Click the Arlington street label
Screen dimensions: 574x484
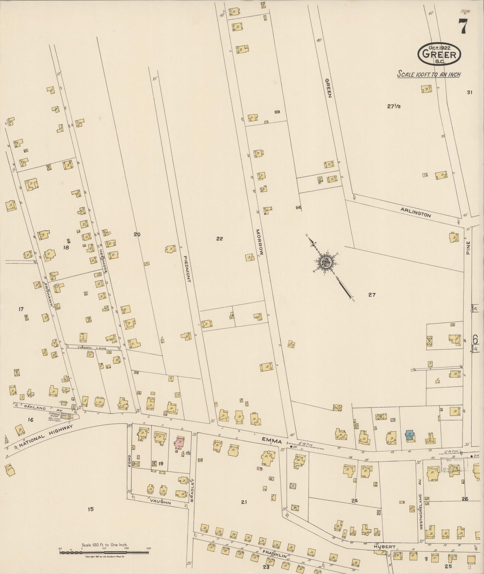tap(415, 212)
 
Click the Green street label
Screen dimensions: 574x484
tap(329, 88)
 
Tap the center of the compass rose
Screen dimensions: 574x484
tap(325, 262)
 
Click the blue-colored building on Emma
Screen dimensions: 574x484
tap(409, 435)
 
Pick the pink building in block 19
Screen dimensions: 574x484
tap(180, 443)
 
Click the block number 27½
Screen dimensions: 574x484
tap(394, 107)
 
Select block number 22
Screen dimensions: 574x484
tap(219, 239)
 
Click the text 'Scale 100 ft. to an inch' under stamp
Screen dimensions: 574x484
tap(428, 74)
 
